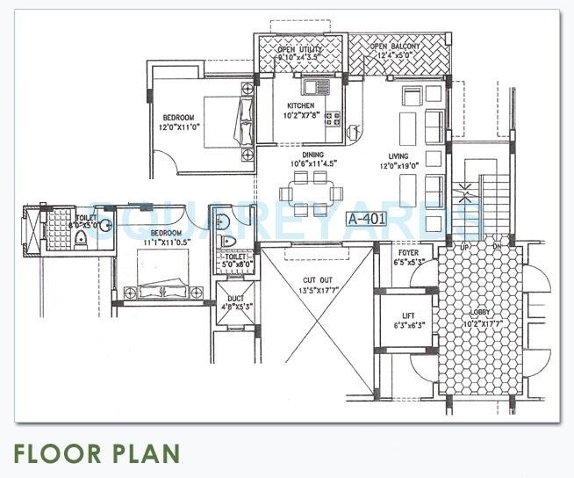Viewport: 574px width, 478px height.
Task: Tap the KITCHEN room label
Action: click(301, 105)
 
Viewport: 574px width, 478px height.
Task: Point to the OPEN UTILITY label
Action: click(298, 50)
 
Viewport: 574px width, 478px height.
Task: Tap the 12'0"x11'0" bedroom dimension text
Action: click(183, 127)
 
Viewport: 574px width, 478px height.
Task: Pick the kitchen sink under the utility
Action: click(314, 86)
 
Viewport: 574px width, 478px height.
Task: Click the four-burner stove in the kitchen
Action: click(333, 118)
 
